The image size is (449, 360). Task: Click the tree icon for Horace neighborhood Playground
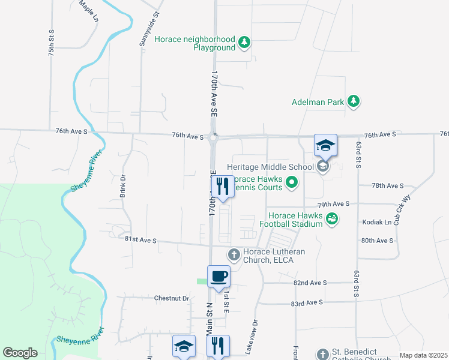pos(244,42)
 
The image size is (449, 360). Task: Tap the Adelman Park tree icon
pos(354,101)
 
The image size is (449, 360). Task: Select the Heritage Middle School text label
pos(270,167)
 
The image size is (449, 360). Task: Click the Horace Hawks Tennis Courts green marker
pos(292,182)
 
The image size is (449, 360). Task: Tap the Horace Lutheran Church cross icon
pos(234,255)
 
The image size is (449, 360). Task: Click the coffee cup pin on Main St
pos(218,277)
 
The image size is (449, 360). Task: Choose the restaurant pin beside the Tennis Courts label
pos(223,187)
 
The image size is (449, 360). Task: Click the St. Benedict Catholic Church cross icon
pos(323,353)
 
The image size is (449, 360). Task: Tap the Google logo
pos(20,353)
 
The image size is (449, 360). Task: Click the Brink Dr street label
pos(122,187)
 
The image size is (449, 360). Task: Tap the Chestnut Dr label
pos(171,298)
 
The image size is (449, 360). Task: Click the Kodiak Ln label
pos(377,222)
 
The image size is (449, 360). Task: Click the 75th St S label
pos(52,43)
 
